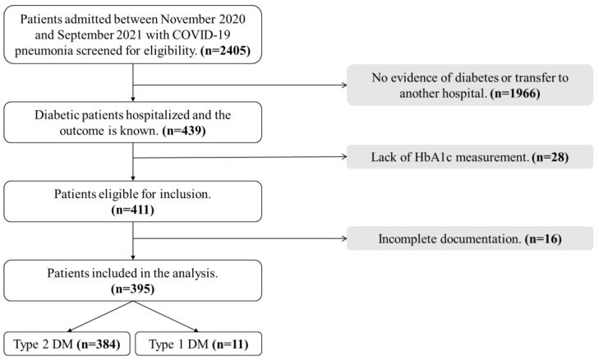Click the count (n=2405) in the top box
coord(225,50)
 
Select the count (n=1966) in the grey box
coord(515,93)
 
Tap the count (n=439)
coord(184,131)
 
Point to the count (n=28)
coord(550,157)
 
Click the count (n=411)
coord(132,210)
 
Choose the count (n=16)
coord(543,239)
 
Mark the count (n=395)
coord(132,289)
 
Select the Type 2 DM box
coord(67,344)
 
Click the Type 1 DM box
coord(199,344)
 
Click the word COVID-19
coord(201,35)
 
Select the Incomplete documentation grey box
coord(470,238)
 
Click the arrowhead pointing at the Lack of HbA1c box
coord(344,156)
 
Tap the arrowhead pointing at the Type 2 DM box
coord(70,330)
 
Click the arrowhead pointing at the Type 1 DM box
coord(196,330)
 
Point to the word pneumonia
coord(44,51)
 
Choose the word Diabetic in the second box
coord(57,115)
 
